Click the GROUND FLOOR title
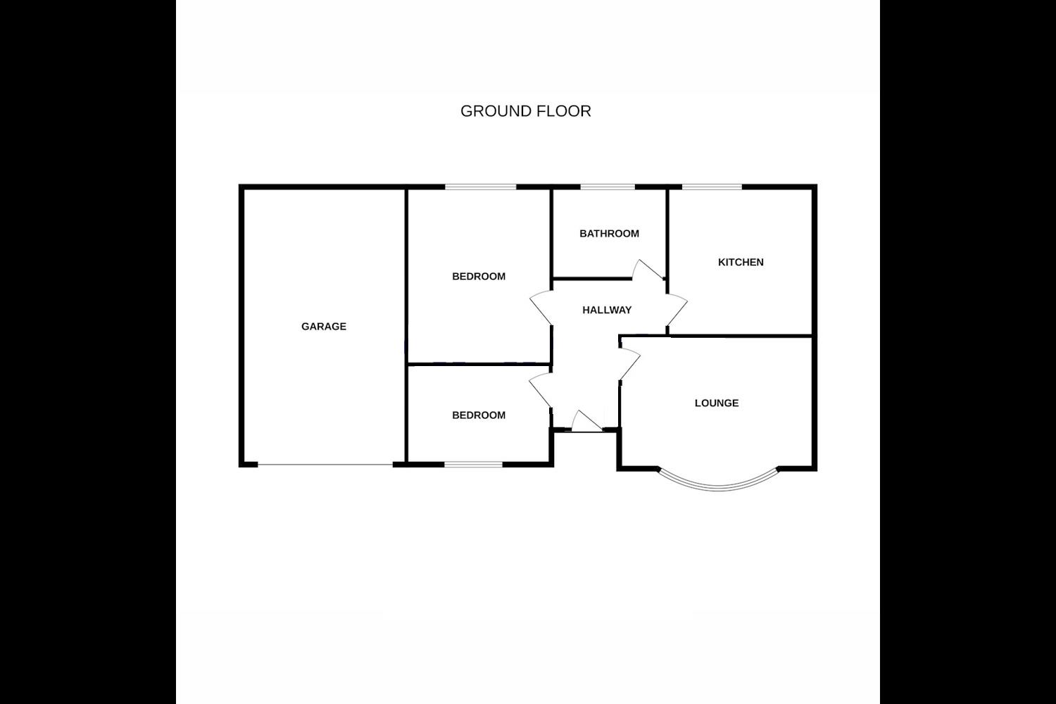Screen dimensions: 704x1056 click(x=525, y=111)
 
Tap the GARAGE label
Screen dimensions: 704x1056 click(x=324, y=327)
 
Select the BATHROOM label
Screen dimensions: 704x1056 click(x=609, y=234)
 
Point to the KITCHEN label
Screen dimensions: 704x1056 click(x=741, y=263)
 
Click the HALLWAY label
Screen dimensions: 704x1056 click(x=607, y=310)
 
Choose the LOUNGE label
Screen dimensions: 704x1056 click(x=717, y=403)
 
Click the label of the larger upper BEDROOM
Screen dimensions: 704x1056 click(x=479, y=277)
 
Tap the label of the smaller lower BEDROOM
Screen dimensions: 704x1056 click(x=479, y=415)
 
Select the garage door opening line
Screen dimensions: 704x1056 click(x=325, y=465)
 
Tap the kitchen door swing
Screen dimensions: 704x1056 click(x=677, y=308)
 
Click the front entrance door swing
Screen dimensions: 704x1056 click(x=584, y=422)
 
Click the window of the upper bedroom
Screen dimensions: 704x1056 click(x=481, y=187)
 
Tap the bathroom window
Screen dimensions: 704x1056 click(x=607, y=187)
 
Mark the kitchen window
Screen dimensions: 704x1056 click(x=712, y=187)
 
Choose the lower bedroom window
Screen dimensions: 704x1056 click(x=473, y=464)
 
